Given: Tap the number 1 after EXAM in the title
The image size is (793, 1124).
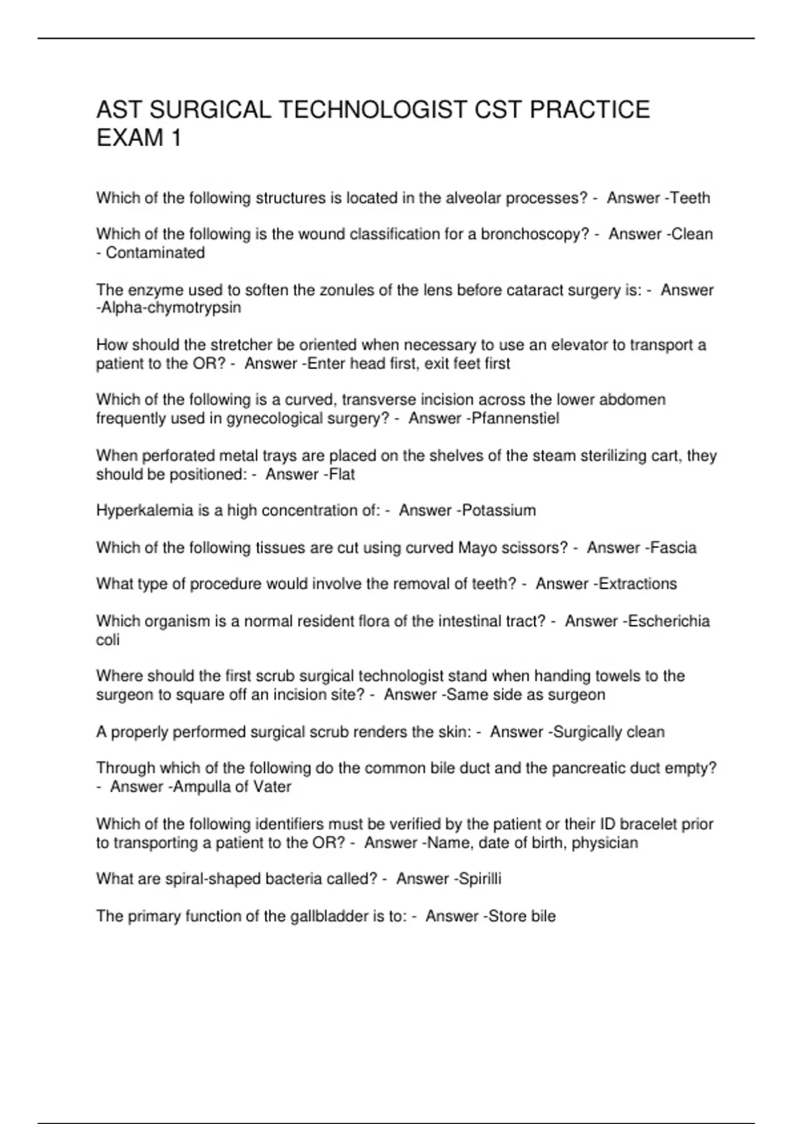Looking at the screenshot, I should (x=175, y=138).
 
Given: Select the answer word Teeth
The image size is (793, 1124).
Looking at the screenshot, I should (x=690, y=198).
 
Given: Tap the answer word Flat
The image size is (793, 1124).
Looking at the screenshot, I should (x=342, y=475).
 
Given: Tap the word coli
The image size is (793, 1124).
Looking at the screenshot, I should (x=108, y=640).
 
